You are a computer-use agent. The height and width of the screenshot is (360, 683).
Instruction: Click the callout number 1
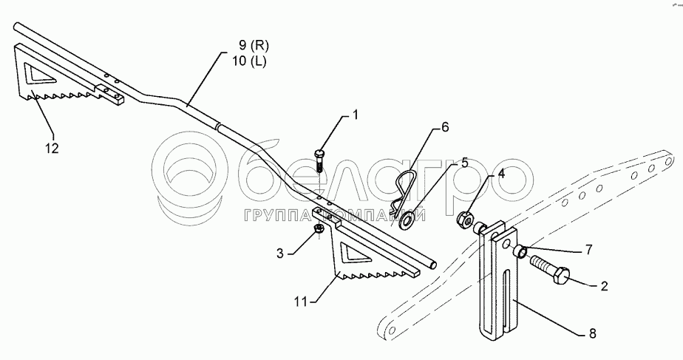pos(355,115)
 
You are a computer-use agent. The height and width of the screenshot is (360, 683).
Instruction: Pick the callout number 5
pos(463,161)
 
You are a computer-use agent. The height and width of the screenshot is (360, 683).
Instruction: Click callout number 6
pos(445,126)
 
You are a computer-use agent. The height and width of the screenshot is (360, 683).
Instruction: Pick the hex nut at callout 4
pos(466,218)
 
